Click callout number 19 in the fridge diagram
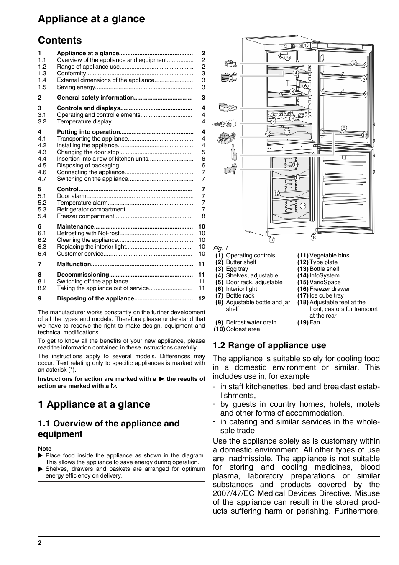[x=288, y=58]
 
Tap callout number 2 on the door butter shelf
[x=353, y=63]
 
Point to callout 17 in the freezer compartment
[x=303, y=206]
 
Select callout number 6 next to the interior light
[x=305, y=86]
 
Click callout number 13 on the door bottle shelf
[x=364, y=135]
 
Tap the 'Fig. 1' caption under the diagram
[x=220, y=248]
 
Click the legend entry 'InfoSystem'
[x=324, y=275]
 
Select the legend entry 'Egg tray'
[x=237, y=269]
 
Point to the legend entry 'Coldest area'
[x=243, y=329]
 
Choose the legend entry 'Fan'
[x=315, y=322]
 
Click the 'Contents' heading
[x=60, y=40]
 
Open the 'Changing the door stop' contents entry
[x=88, y=152]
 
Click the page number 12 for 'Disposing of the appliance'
[x=202, y=298]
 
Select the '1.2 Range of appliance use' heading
[x=269, y=345]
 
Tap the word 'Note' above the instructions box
[x=45, y=449]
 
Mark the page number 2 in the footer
[x=40, y=543]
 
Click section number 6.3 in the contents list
[x=42, y=247]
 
